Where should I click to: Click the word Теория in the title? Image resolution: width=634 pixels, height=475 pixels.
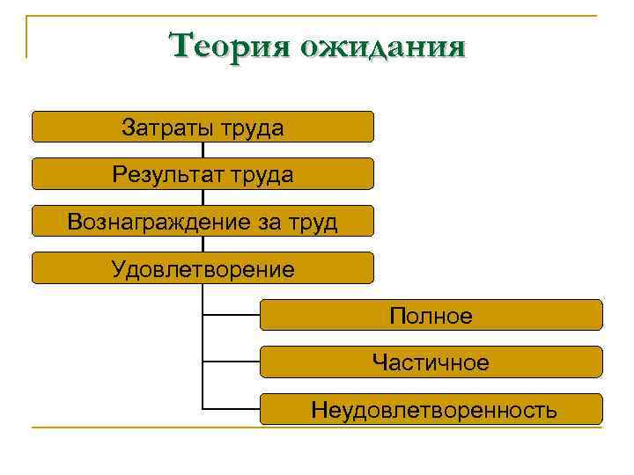pos(230,45)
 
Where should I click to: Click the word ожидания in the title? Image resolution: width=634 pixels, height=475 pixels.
pos(382,46)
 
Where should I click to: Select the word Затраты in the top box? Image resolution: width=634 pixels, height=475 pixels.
pos(162,128)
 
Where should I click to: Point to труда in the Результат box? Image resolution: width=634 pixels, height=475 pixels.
pos(262,174)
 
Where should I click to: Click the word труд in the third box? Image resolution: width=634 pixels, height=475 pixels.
pos(311,222)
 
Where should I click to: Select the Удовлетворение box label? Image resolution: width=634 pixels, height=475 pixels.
pos(203,268)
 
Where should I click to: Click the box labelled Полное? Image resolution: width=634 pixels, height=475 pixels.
pos(431,315)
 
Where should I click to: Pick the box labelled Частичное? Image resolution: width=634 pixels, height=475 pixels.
pos(431,362)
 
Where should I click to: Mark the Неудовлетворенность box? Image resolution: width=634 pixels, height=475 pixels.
pos(431,409)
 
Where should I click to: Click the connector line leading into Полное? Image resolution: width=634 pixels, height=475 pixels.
pos(231,314)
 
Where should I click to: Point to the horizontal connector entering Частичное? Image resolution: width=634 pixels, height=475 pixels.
pos(231,362)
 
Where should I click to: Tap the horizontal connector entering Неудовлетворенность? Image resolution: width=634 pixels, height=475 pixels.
pos(231,409)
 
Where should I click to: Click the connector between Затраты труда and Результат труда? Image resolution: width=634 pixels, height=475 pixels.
pos(203,150)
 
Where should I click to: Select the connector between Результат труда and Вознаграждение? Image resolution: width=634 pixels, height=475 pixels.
pos(203,197)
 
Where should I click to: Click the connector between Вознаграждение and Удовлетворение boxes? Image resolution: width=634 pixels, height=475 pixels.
pos(203,244)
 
